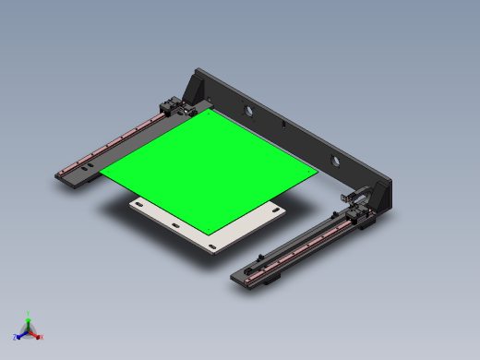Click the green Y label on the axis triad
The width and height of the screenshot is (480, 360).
(28, 314)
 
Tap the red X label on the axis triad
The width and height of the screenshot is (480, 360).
(41, 337)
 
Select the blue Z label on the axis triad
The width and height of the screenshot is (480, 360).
(16, 338)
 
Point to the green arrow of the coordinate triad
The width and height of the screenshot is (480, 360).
(28, 322)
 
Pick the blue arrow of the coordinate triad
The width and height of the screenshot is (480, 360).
(21, 334)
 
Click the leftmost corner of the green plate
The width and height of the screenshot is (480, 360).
(101, 173)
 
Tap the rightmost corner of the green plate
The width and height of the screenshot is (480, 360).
(318, 172)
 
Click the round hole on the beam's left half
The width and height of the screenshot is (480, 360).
(247, 111)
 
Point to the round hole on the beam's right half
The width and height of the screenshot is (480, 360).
(335, 161)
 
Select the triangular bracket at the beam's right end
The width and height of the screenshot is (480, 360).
(379, 198)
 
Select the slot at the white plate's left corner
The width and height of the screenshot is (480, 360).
(138, 203)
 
